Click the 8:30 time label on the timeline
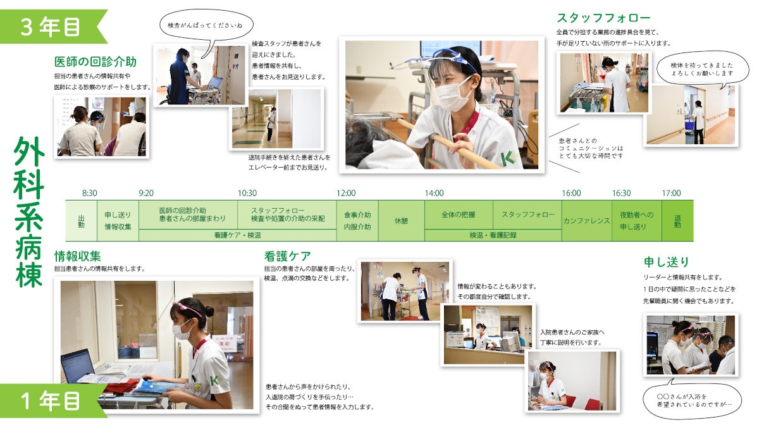[x=89, y=193]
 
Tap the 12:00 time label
[x=346, y=193]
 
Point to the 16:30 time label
[x=621, y=193]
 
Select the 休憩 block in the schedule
[x=401, y=221]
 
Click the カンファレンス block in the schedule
[x=586, y=221]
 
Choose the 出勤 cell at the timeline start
[x=82, y=221]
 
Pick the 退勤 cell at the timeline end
[x=677, y=221]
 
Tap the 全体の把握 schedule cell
[x=459, y=214]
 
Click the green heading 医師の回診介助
[x=96, y=62]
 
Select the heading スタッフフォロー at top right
[x=603, y=18]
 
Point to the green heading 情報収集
[x=78, y=256]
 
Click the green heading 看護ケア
[x=287, y=256]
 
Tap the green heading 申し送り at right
[x=667, y=262]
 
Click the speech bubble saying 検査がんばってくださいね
[x=206, y=25]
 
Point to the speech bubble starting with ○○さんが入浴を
[x=692, y=400]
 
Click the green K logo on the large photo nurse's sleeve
[x=509, y=158]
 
